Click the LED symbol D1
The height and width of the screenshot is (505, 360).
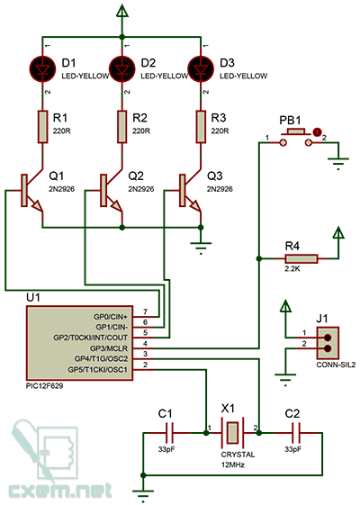42,68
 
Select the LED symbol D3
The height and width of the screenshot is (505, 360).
201,68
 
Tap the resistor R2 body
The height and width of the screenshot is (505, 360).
122,127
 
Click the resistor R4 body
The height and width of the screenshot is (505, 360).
301,258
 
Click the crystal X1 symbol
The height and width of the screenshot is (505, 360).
232,433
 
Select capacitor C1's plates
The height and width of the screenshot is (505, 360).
169,433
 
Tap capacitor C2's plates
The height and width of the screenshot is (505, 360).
296,433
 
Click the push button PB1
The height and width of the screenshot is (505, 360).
295,137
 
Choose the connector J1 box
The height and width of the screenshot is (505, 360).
328,343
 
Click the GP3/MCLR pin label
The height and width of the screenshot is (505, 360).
109,348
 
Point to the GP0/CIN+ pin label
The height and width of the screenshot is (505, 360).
111,317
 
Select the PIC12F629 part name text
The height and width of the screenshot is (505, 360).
44,386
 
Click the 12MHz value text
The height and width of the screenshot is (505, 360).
233,464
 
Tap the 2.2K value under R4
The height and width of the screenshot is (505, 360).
292,268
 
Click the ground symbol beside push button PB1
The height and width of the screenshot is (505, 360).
338,163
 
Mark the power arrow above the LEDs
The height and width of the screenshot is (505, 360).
122,12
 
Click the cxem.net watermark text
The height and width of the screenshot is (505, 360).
60,491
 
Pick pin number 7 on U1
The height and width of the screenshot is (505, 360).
146,311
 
